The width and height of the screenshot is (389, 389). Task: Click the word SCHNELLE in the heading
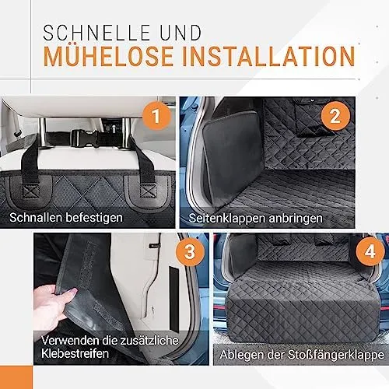click(96, 33)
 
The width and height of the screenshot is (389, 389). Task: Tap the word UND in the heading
click(180, 33)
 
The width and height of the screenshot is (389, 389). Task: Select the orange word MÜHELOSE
click(108, 56)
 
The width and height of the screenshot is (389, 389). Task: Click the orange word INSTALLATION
click(269, 56)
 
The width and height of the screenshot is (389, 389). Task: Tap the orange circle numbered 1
click(156, 116)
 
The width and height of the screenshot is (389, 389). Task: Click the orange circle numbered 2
click(335, 116)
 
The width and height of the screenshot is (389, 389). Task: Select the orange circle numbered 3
click(190, 251)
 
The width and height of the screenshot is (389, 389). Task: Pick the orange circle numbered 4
click(370, 251)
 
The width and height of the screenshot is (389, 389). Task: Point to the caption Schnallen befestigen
click(66, 217)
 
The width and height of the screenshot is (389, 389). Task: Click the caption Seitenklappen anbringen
click(255, 218)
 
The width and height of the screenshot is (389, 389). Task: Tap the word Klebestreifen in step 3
click(75, 353)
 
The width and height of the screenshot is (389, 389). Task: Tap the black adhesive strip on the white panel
click(174, 298)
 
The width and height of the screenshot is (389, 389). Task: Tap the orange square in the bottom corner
click(16, 377)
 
